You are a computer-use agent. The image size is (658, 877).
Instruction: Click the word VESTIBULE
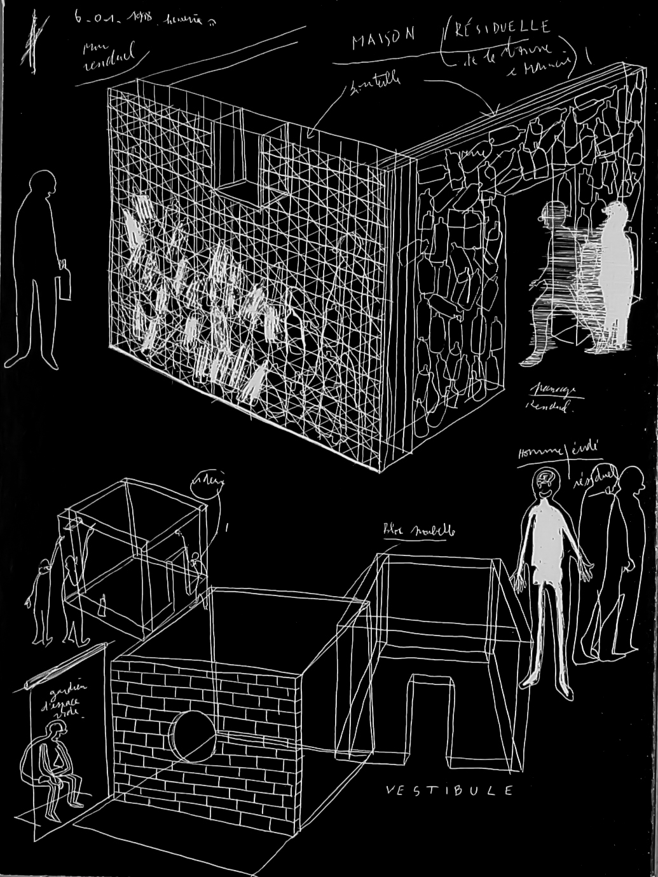tap(449, 790)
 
